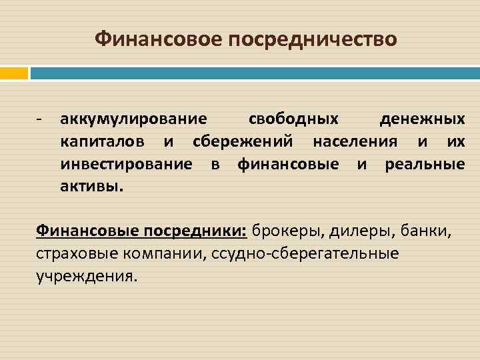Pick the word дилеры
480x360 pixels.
361,231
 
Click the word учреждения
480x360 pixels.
87,276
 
